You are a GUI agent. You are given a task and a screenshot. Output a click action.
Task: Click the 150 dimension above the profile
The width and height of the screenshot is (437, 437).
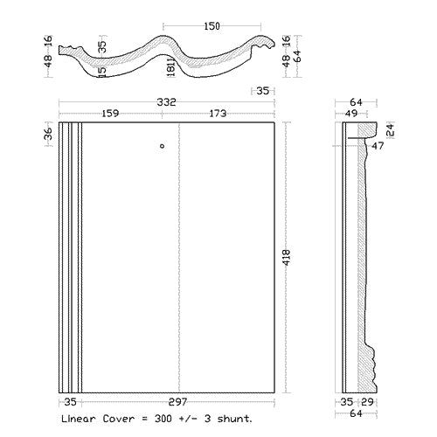[x=212, y=26]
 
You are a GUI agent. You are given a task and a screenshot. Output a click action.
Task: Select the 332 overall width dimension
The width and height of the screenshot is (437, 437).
[x=167, y=102]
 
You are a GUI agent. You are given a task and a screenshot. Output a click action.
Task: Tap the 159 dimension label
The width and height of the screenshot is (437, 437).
[x=110, y=113]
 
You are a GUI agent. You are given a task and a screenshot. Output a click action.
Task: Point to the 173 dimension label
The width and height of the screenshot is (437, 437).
[x=218, y=113]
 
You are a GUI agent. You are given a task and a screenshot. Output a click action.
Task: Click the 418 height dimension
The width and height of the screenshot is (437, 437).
[x=287, y=257]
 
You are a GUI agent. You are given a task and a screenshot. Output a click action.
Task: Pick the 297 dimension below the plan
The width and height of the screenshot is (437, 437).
[x=177, y=402]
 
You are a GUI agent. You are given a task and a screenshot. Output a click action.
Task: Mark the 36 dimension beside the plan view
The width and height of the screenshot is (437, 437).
[x=49, y=134]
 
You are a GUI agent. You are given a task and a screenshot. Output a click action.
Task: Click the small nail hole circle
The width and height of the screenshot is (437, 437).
[x=163, y=146]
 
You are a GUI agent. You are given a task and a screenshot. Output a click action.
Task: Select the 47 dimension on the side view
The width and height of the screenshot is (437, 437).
[x=378, y=146]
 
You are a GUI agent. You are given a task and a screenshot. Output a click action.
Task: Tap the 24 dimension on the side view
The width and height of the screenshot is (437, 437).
[x=391, y=130]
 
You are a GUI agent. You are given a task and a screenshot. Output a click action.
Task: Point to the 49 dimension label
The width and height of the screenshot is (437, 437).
[x=350, y=113]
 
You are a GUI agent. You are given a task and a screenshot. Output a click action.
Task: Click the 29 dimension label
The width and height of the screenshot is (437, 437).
[x=367, y=402]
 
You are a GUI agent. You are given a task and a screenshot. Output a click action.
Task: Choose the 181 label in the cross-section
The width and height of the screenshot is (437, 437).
[x=171, y=66]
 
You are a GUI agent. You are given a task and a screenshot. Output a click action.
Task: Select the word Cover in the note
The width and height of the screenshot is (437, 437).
[x=119, y=419]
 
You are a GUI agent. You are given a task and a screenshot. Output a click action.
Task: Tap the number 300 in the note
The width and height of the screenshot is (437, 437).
[x=163, y=419]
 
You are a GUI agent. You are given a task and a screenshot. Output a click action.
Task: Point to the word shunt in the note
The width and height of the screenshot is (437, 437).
[x=234, y=419]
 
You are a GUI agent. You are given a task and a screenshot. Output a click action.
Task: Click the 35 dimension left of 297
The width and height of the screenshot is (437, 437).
[x=70, y=402]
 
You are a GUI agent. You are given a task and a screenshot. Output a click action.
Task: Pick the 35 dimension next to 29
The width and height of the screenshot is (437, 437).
[x=347, y=402]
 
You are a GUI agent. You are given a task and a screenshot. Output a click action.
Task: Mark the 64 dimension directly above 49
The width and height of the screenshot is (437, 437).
[x=356, y=102]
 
